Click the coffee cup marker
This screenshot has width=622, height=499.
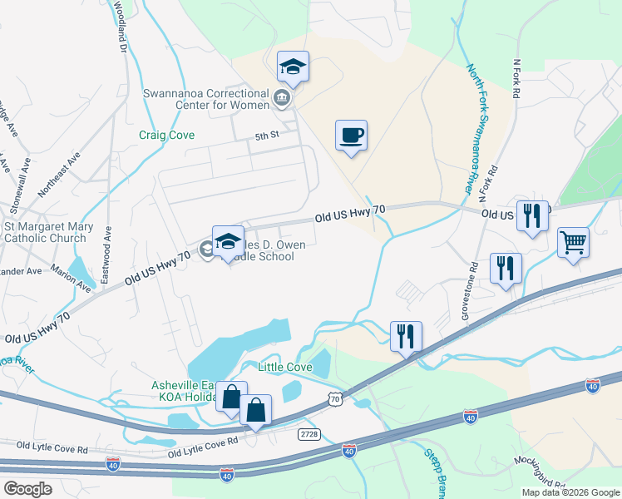click(351, 136)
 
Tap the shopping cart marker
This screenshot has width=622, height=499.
click(573, 243)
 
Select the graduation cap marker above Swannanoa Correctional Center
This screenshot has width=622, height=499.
click(293, 66)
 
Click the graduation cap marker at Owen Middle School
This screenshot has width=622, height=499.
click(228, 242)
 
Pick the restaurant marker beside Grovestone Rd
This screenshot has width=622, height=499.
click(506, 269)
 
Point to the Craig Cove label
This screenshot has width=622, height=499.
click(167, 135)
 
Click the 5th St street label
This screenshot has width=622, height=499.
click(266, 136)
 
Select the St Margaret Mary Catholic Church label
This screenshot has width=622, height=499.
click(45, 232)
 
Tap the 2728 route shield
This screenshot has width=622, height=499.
click(309, 434)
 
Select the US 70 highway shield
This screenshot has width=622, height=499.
click(334, 400)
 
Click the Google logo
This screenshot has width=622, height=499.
click(27, 489)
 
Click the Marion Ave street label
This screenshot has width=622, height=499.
click(70, 279)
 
